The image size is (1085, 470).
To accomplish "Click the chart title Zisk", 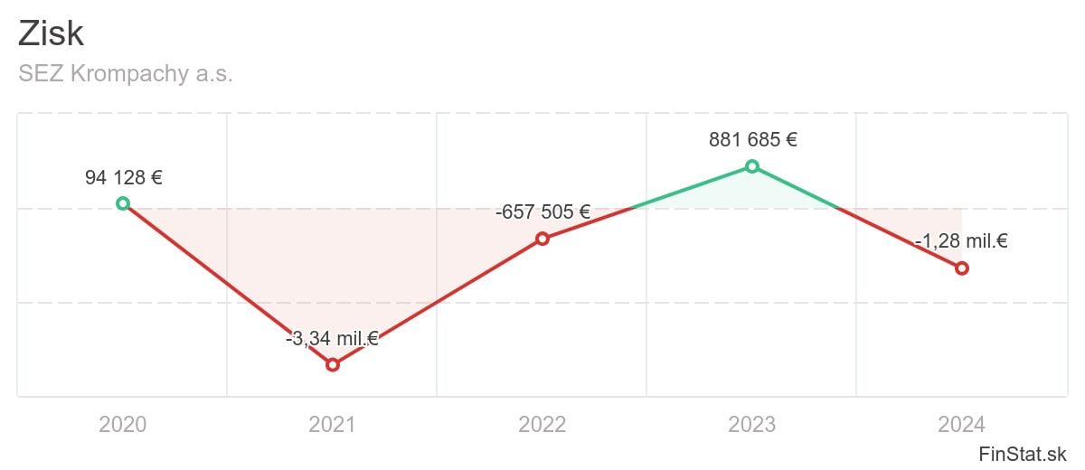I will (x=51, y=34).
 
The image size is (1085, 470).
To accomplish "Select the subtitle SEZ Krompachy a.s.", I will (x=126, y=74).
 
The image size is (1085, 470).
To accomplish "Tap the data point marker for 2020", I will (x=123, y=203).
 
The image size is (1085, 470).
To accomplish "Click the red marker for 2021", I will (x=333, y=364).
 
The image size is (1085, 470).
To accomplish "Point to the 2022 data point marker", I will (x=542, y=239).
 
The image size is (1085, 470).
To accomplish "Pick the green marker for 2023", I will (x=751, y=165).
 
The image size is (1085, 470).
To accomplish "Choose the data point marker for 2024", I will (x=961, y=268).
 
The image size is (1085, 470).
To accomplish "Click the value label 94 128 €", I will (x=124, y=177).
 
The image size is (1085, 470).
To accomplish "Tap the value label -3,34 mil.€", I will (x=332, y=339).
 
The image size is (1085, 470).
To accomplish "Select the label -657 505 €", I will (x=542, y=212).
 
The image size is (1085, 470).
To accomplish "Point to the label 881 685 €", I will (x=753, y=140).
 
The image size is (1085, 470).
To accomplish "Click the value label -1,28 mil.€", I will (x=961, y=241).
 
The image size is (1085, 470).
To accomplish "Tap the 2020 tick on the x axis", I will (x=123, y=424).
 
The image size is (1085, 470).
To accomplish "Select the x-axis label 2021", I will (x=333, y=424).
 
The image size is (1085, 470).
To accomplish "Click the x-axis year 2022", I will (x=542, y=424).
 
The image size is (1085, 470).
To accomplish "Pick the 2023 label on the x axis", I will (x=751, y=424).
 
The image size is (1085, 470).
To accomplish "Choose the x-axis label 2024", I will (x=961, y=424).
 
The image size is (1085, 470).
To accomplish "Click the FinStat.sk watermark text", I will (x=1023, y=453).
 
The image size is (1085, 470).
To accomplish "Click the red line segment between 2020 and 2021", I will (x=228, y=284).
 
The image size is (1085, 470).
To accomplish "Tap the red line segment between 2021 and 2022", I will (x=437, y=302).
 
